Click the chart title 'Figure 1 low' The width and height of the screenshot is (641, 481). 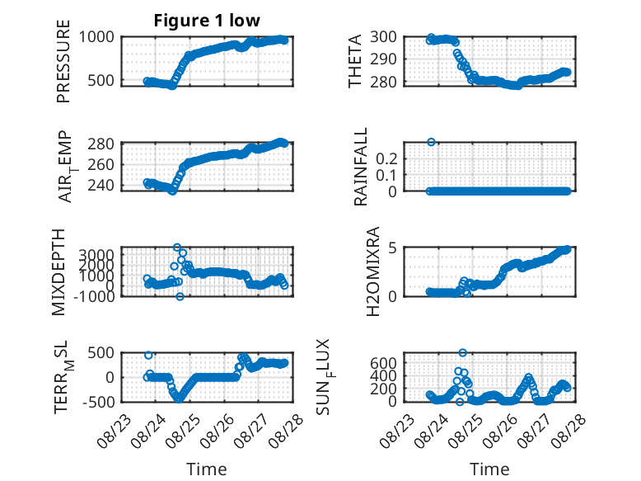(x=207, y=21)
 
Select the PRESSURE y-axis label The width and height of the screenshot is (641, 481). (x=63, y=61)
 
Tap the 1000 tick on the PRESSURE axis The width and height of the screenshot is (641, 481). (x=96, y=37)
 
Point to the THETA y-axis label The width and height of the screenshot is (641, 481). (x=355, y=61)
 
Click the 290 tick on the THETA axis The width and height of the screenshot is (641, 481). (x=383, y=59)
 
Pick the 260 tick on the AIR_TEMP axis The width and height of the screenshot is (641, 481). (x=101, y=164)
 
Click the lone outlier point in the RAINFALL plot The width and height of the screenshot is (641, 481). (x=431, y=142)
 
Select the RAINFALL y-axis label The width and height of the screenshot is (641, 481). (x=360, y=167)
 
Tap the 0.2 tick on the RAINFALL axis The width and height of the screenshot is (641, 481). (x=386, y=158)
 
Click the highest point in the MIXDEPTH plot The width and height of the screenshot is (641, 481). (x=177, y=248)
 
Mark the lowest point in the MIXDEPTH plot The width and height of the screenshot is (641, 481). (x=180, y=296)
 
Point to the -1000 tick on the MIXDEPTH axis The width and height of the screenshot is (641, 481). (x=94, y=296)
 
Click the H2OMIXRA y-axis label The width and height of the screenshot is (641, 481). (x=373, y=271)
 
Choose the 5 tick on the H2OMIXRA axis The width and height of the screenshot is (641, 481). (x=392, y=248)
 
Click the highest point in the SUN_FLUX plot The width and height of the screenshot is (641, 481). (x=462, y=352)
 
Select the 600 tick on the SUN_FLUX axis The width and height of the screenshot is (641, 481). (x=383, y=363)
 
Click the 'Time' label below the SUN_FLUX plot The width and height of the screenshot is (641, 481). (x=489, y=469)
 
